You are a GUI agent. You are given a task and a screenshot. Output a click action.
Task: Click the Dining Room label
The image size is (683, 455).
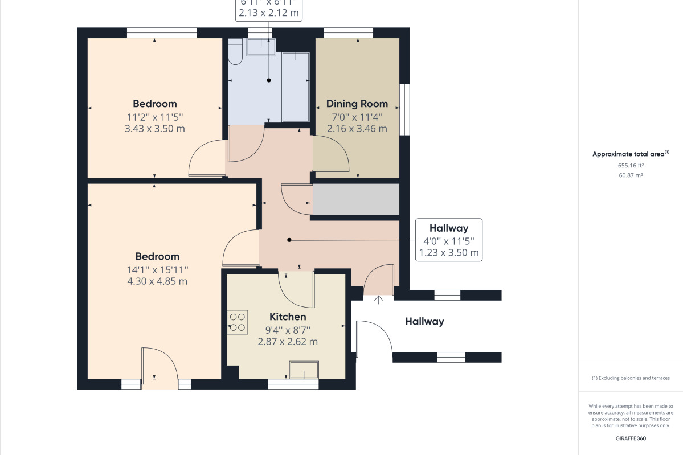tap(357, 104)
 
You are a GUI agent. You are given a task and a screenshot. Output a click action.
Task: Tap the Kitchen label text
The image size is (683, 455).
tap(288, 317)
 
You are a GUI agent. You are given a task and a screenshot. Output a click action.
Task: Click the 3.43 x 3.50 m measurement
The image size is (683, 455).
tap(155, 129)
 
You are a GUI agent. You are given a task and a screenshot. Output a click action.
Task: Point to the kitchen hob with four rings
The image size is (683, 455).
tap(237, 322)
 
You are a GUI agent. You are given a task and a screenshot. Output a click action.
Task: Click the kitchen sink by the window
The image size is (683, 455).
tap(305, 370)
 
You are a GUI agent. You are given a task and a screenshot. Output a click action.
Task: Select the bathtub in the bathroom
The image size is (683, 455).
tap(296, 87)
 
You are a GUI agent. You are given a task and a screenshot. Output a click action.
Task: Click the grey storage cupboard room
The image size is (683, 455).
tap(355, 199)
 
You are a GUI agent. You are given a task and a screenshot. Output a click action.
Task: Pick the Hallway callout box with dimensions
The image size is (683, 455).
tap(448, 240)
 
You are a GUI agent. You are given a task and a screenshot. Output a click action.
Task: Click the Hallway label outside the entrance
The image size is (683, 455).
tap(424, 322)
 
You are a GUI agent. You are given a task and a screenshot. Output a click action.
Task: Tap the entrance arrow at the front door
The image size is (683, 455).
tap(379, 299)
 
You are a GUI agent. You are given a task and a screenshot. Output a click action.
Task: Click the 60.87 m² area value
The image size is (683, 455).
tap(631, 175)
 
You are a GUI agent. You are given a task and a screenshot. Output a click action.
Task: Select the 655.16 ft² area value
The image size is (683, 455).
tap(631, 165)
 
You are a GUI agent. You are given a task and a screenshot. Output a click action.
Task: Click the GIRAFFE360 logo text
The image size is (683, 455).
tap(631, 438)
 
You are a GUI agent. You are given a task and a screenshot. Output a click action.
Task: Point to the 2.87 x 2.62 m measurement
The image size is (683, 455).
tap(288, 342)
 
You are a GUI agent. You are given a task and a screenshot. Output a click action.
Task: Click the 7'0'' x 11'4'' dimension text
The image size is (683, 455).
tap(357, 117)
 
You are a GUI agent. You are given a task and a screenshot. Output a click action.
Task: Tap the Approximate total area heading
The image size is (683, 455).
tap(629, 154)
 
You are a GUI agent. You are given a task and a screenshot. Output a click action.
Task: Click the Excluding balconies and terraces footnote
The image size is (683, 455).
tap(631, 378)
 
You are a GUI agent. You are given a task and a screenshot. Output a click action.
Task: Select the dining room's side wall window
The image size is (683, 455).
tap(404, 109)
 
